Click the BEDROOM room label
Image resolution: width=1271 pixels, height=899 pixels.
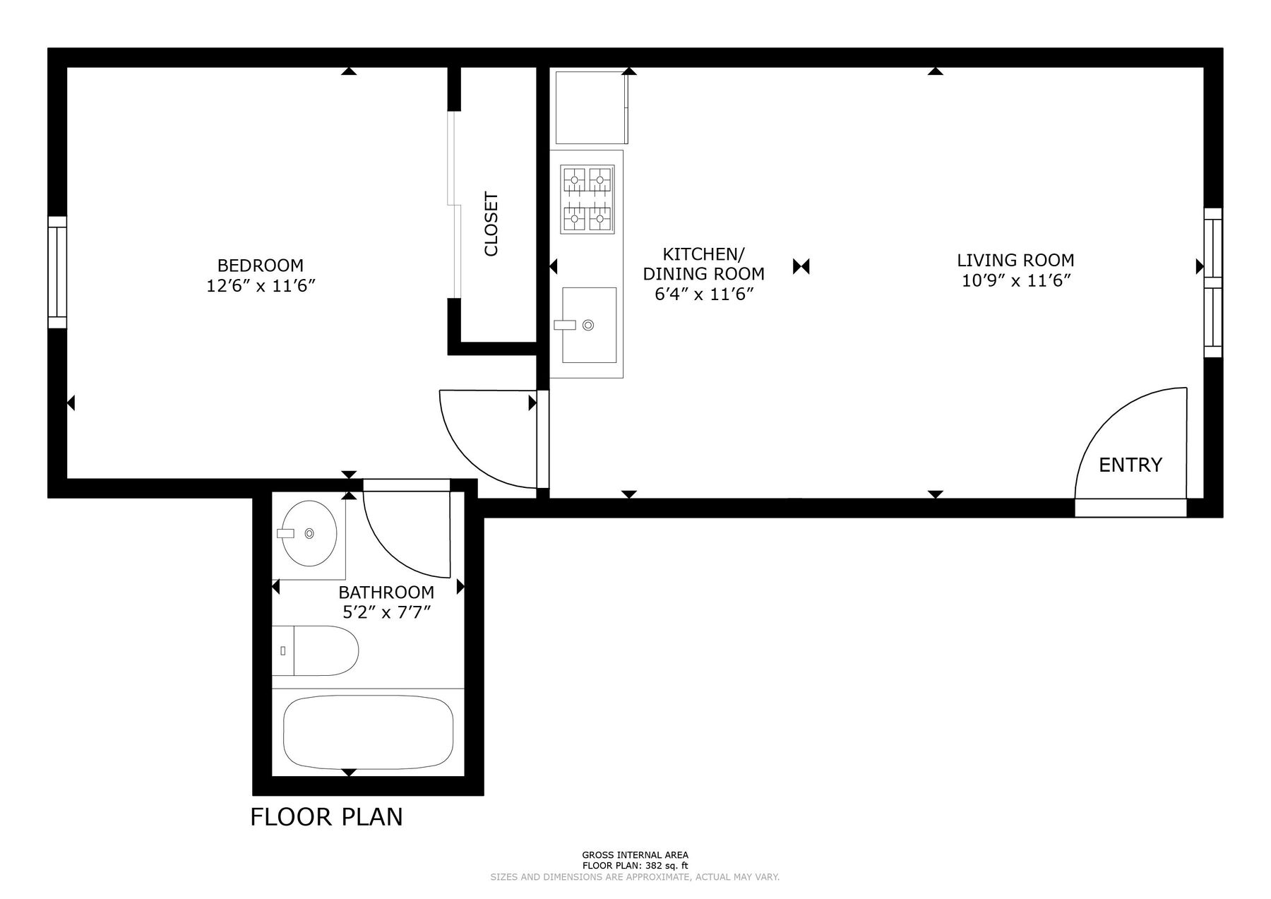pos(260,266)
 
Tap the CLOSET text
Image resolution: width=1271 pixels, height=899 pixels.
pos(491,224)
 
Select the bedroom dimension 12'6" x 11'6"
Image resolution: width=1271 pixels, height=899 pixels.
pos(260,286)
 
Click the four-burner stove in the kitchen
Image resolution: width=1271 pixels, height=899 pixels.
pos(587,199)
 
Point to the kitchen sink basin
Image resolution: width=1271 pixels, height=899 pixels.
pos(589,325)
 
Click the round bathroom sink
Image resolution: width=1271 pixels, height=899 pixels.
pos(306,534)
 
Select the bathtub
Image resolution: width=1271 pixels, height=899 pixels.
pos(368,732)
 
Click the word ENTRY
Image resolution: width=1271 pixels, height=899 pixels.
pos(1130,465)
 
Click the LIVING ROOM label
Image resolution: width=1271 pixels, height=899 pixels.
pos(1015,260)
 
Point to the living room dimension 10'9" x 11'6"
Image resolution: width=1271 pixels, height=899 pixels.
pos(1016,281)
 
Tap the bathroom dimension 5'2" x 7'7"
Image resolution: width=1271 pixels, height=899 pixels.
pos(386,612)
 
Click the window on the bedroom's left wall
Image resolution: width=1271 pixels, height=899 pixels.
pos(57,272)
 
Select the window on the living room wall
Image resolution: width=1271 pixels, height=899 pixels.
pos(1212,282)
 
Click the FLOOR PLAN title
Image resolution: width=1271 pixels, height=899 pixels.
pos(326,816)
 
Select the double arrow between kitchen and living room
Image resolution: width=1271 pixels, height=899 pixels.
pos(801,266)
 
